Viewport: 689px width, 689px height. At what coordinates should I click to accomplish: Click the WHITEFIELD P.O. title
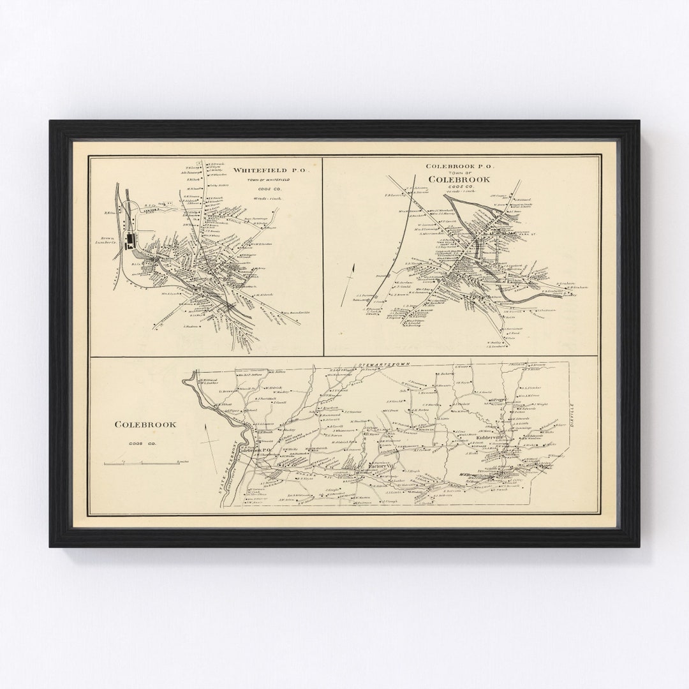coord(270,170)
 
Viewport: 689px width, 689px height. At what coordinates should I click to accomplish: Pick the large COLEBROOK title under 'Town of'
coord(459,180)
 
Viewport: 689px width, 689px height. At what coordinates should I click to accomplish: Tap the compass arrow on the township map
coord(208,440)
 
